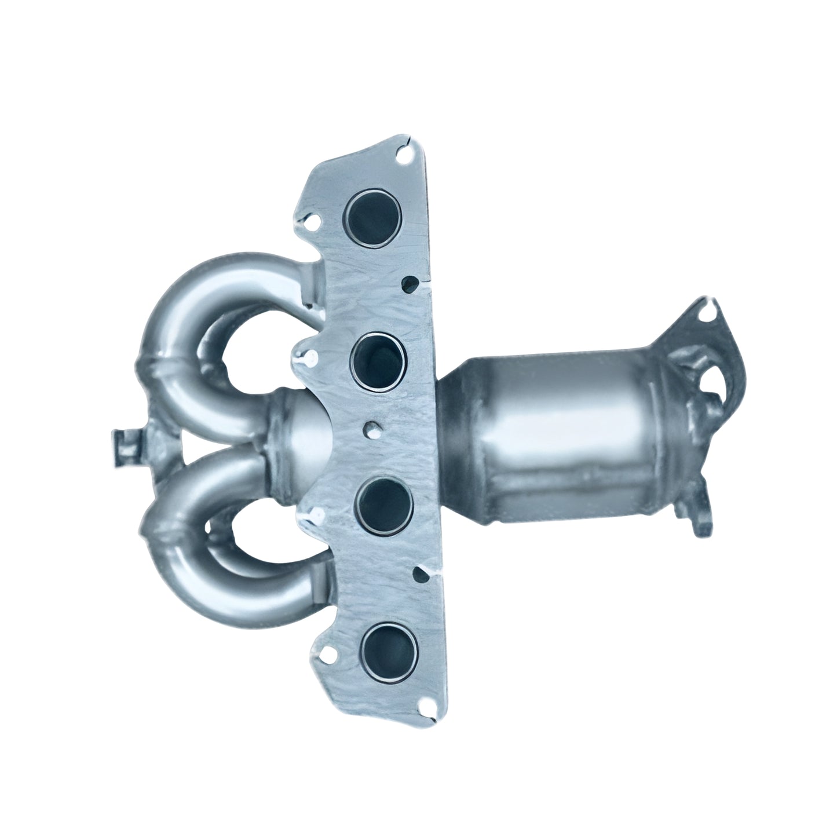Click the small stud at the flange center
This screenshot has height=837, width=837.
369,429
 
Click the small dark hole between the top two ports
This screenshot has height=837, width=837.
410,284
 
